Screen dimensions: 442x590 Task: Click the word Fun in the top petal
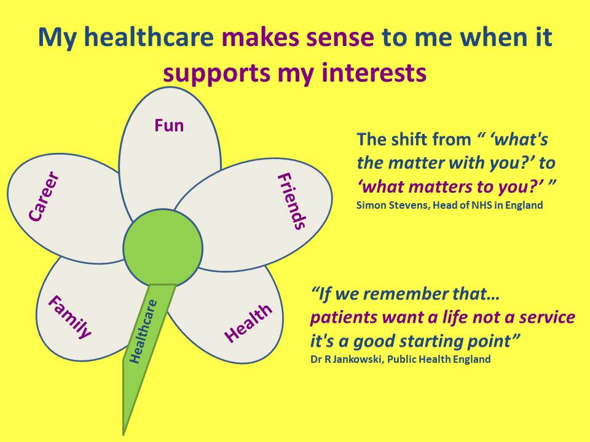(169, 125)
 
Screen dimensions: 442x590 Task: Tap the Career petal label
(44, 197)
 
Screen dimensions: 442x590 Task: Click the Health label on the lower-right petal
(248, 323)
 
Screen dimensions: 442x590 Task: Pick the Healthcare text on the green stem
(144, 331)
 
